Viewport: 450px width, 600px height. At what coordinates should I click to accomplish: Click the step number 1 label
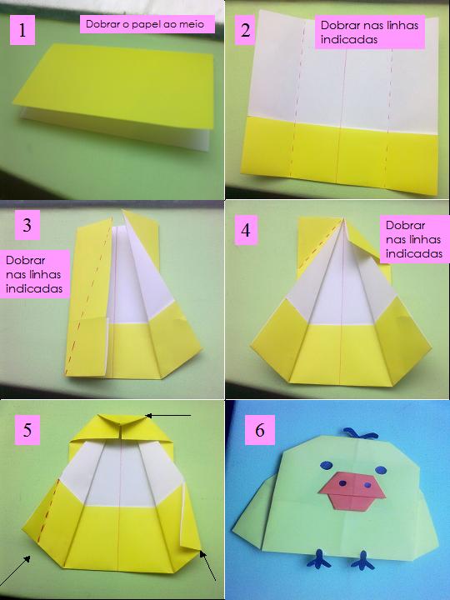(22, 30)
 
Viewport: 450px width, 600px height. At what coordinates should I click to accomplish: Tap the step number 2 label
(245, 30)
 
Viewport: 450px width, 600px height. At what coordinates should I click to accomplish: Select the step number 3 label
(27, 225)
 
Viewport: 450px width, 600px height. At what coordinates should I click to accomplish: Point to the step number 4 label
(246, 230)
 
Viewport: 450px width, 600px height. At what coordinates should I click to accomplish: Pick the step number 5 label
(27, 430)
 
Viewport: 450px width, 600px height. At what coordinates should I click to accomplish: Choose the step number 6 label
(260, 430)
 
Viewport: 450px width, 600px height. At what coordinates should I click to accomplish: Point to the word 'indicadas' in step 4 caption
(414, 253)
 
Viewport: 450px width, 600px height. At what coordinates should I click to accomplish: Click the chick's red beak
(352, 492)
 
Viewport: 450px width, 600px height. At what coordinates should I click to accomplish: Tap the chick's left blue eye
(326, 465)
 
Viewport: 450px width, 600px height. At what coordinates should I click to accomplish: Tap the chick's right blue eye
(381, 469)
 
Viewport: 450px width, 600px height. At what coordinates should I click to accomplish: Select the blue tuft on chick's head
(361, 433)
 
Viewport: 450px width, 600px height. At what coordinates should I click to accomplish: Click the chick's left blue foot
(318, 559)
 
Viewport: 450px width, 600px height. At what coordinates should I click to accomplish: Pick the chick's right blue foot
(362, 561)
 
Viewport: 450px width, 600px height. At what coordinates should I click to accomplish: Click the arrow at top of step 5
(168, 415)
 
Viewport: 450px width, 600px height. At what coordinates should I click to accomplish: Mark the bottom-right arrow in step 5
(207, 565)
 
